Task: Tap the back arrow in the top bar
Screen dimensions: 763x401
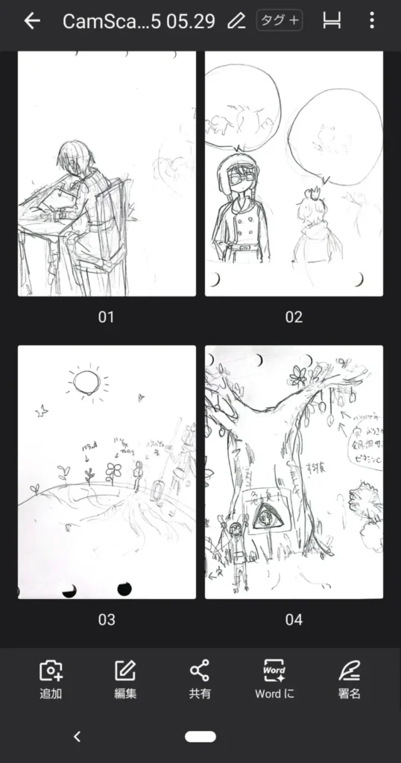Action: pos(31,21)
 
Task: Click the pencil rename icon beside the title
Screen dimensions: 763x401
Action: pos(236,21)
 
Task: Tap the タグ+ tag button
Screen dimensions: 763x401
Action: pos(280,21)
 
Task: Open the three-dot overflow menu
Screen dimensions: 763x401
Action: pos(372,21)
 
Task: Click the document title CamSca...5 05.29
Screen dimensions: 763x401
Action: pos(139,21)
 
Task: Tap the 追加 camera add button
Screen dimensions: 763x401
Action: pos(51,679)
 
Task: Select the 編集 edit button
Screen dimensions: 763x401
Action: pos(125,679)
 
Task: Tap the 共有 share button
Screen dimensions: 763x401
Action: pos(200,679)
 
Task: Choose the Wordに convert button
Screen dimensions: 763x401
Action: pos(274,679)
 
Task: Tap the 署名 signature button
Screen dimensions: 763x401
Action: pos(349,679)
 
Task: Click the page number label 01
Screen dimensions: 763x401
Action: pos(107,317)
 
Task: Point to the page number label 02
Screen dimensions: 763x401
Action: pos(294,317)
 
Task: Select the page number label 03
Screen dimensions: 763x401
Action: pos(107,619)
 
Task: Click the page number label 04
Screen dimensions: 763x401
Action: pos(294,619)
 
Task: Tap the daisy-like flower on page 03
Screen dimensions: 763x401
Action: pos(113,470)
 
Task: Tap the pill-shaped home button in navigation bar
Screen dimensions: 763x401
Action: pos(200,736)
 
